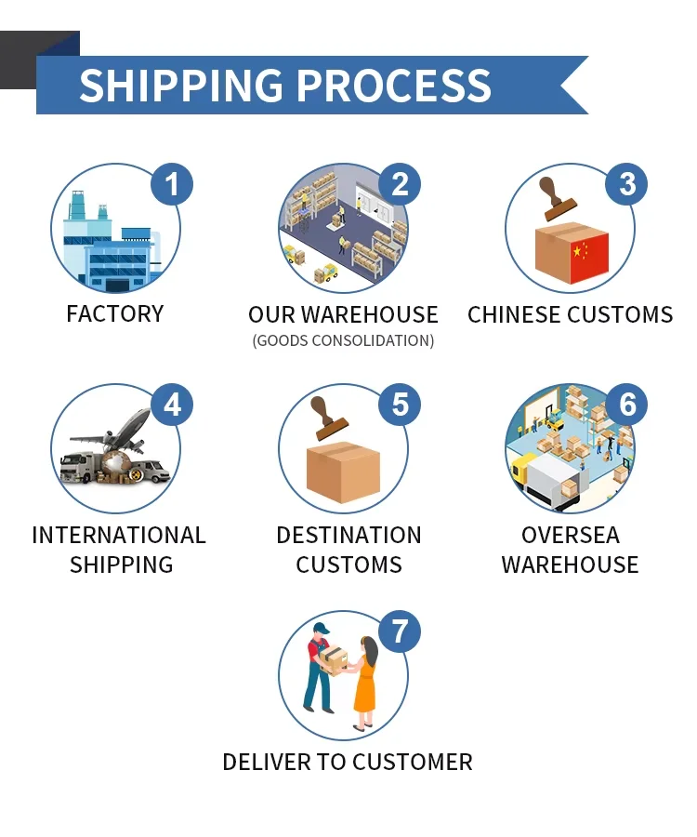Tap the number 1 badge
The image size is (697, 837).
pyautogui.click(x=172, y=183)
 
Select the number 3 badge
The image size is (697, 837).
pyautogui.click(x=626, y=183)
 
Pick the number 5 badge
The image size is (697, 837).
pyautogui.click(x=400, y=405)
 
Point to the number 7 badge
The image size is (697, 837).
pyautogui.click(x=400, y=631)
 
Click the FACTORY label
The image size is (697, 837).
pyautogui.click(x=115, y=314)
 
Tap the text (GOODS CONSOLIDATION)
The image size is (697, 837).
pyautogui.click(x=343, y=340)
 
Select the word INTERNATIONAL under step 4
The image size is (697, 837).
pyautogui.click(x=119, y=536)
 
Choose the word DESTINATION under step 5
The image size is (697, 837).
pyautogui.click(x=348, y=536)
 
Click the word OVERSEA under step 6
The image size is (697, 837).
pyautogui.click(x=570, y=536)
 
